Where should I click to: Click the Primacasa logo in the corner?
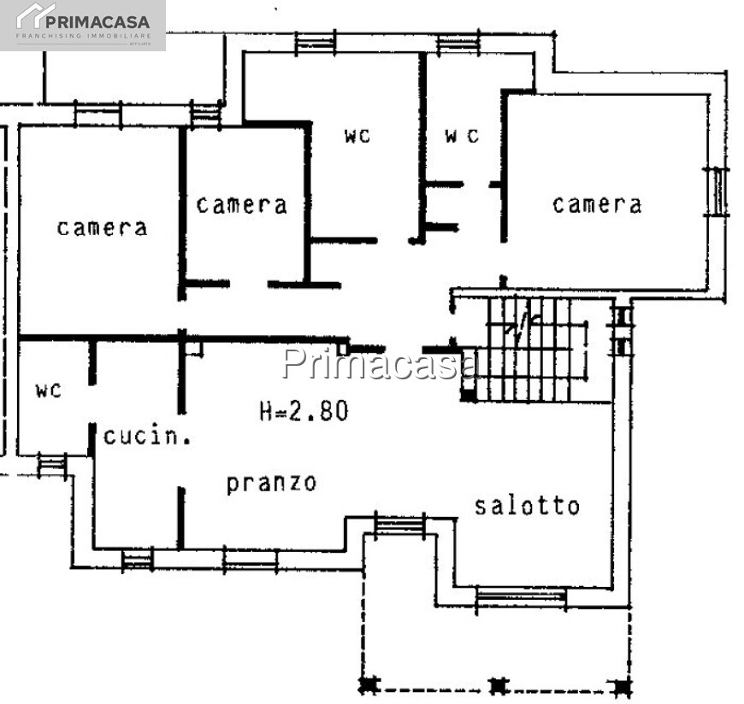point(83,25)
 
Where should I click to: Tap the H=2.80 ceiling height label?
point(304,411)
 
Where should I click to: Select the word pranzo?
point(271,483)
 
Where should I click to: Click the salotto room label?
point(527,505)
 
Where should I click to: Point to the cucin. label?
point(146,437)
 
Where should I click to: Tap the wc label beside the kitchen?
point(49,390)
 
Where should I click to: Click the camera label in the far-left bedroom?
point(102,227)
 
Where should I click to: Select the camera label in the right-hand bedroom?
point(597,204)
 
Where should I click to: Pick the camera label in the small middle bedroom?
point(241,205)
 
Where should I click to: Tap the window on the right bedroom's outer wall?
point(717,191)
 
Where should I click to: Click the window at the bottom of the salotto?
point(520,596)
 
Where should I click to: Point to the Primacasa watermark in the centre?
point(381,363)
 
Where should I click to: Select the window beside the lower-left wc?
point(52,464)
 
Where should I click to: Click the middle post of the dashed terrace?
point(499,685)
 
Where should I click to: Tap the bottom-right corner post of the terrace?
point(623,685)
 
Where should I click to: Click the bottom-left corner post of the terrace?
point(369,684)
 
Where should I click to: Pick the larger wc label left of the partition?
point(358,135)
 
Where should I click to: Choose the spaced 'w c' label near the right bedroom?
point(462,135)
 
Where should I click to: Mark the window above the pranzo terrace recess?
point(399,524)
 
